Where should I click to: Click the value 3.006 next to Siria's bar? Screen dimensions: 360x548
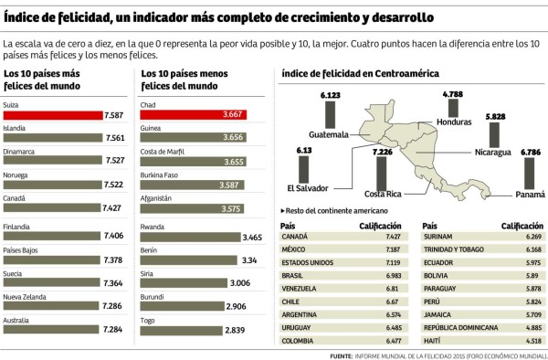pyautogui.click(x=239, y=282)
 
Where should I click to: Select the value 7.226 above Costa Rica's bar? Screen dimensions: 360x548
pyautogui.click(x=383, y=152)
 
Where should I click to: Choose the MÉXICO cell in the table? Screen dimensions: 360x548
pyautogui.click(x=296, y=249)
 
